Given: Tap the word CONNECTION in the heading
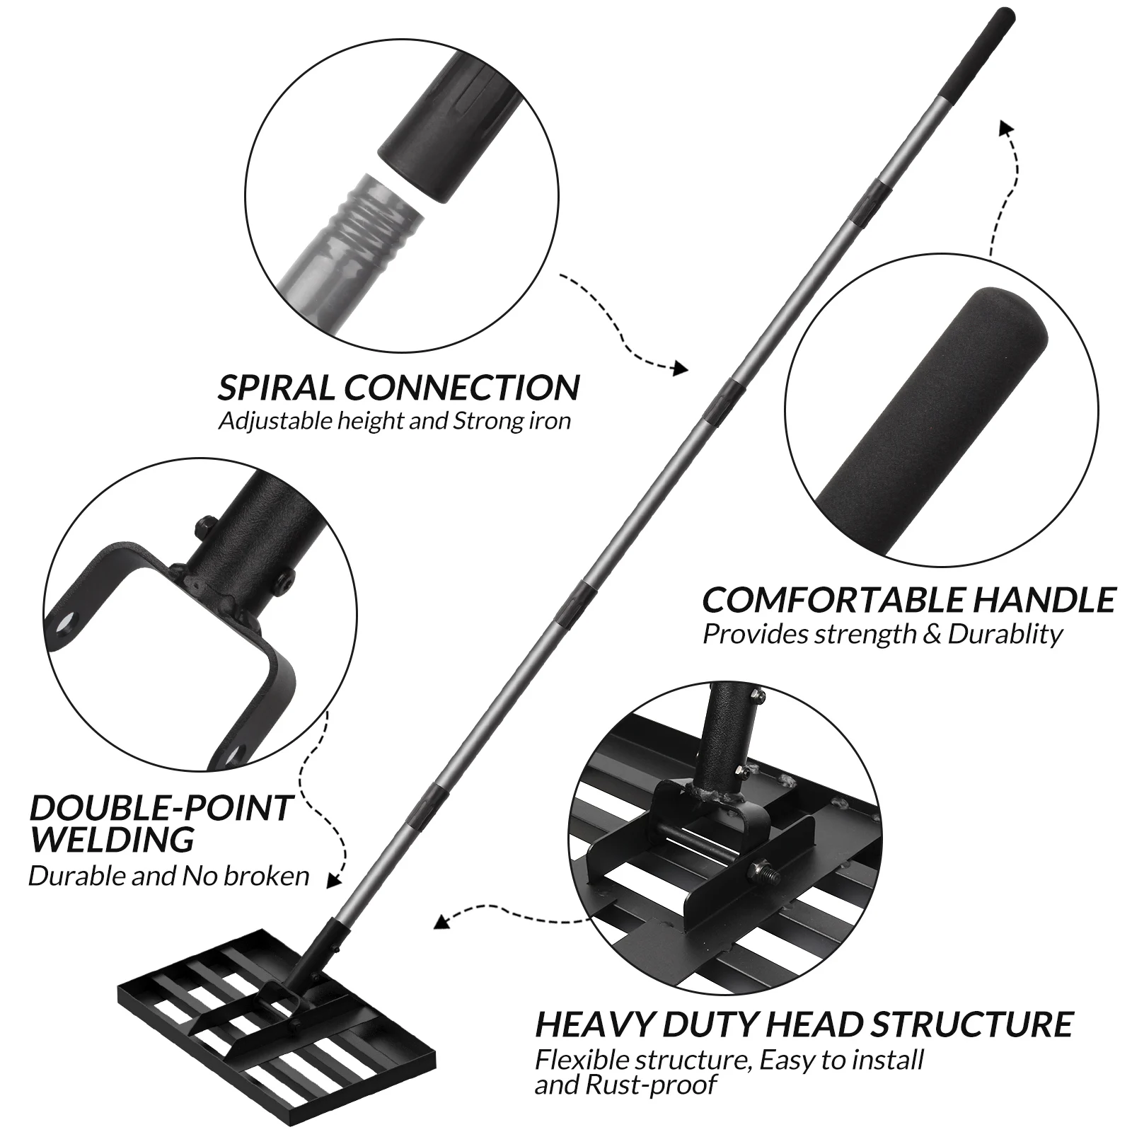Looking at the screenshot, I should [462, 388].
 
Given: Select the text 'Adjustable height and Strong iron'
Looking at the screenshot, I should [394, 422].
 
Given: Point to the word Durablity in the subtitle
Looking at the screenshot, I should [1005, 635].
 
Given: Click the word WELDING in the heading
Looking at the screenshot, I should [112, 839].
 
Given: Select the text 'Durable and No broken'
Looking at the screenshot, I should [169, 876].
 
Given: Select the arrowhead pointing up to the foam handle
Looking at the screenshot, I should [1005, 127].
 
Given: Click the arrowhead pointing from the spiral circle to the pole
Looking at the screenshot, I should [680, 367].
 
